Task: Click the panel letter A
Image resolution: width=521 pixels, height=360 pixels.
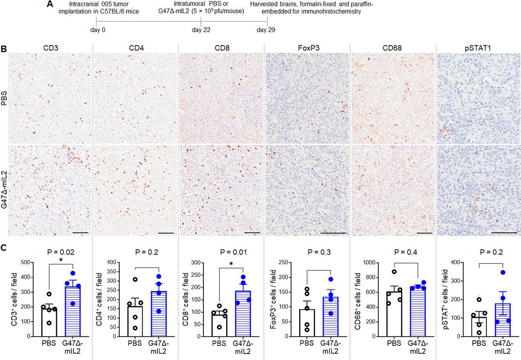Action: point(50,4)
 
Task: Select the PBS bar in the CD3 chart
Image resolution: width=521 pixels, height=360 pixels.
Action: point(49,322)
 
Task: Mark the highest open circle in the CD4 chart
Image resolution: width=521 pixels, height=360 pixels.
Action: point(135,279)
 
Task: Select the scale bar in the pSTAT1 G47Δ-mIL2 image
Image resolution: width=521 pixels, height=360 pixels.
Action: point(502,233)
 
